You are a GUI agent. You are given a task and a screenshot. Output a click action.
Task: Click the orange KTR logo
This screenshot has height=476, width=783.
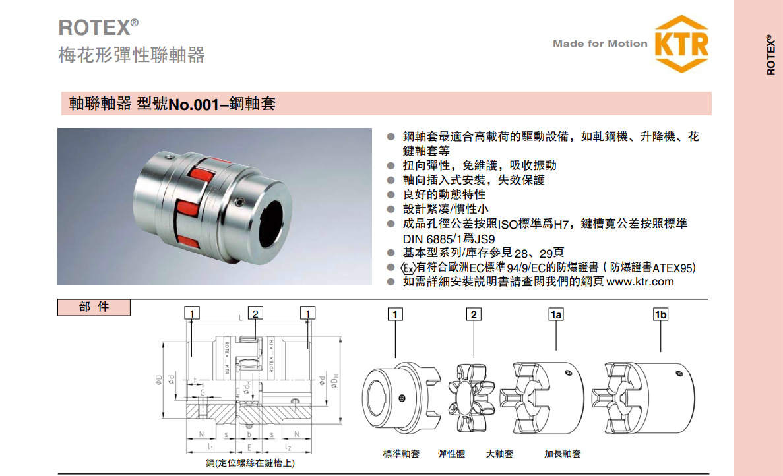[682, 44]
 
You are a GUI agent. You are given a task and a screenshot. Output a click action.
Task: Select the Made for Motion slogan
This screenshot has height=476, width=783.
[600, 44]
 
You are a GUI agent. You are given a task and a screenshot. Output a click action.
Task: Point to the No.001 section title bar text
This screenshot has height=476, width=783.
[172, 104]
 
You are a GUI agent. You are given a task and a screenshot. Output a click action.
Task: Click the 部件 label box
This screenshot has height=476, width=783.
[94, 308]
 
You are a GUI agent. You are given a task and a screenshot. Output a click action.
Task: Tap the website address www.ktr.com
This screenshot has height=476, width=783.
[640, 282]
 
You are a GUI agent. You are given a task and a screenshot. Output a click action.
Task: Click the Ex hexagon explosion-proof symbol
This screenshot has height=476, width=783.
[408, 268]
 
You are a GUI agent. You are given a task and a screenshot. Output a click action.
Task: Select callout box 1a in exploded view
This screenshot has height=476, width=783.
[556, 314]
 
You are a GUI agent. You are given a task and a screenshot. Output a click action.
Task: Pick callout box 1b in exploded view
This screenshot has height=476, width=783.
[660, 314]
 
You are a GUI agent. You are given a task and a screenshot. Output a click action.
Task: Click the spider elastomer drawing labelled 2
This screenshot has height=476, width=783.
[473, 395]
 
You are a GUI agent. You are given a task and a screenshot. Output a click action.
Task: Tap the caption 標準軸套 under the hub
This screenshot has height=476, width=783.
[401, 454]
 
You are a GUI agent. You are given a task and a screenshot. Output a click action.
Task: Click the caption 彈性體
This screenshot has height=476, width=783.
[451, 454]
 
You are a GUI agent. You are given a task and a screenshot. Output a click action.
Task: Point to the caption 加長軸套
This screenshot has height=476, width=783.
[562, 454]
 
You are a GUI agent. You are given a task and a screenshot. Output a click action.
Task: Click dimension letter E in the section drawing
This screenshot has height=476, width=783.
[249, 446]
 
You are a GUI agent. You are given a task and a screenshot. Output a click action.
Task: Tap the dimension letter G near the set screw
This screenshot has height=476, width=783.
[203, 393]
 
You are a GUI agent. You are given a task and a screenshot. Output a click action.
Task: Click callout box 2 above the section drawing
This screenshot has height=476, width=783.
[255, 313]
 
